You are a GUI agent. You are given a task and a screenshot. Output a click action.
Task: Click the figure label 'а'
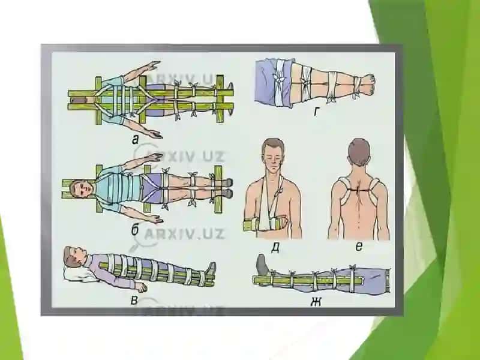(135, 140)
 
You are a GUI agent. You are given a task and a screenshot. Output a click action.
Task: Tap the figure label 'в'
(134, 301)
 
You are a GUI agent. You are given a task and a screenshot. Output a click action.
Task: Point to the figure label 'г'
(317, 112)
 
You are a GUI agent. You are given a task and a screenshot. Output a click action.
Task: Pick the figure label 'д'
(275, 248)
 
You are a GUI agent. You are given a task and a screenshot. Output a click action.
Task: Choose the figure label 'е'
(359, 246)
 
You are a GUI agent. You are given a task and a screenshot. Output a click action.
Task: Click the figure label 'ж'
(316, 302)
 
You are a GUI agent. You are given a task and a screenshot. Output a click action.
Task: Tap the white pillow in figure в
(77, 273)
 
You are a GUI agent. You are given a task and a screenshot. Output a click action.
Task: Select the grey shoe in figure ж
(263, 264)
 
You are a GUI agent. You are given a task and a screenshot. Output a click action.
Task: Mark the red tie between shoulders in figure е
(359, 190)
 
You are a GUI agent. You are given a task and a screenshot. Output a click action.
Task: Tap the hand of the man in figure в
(141, 287)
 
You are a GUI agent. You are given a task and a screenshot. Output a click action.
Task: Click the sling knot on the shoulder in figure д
(279, 191)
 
